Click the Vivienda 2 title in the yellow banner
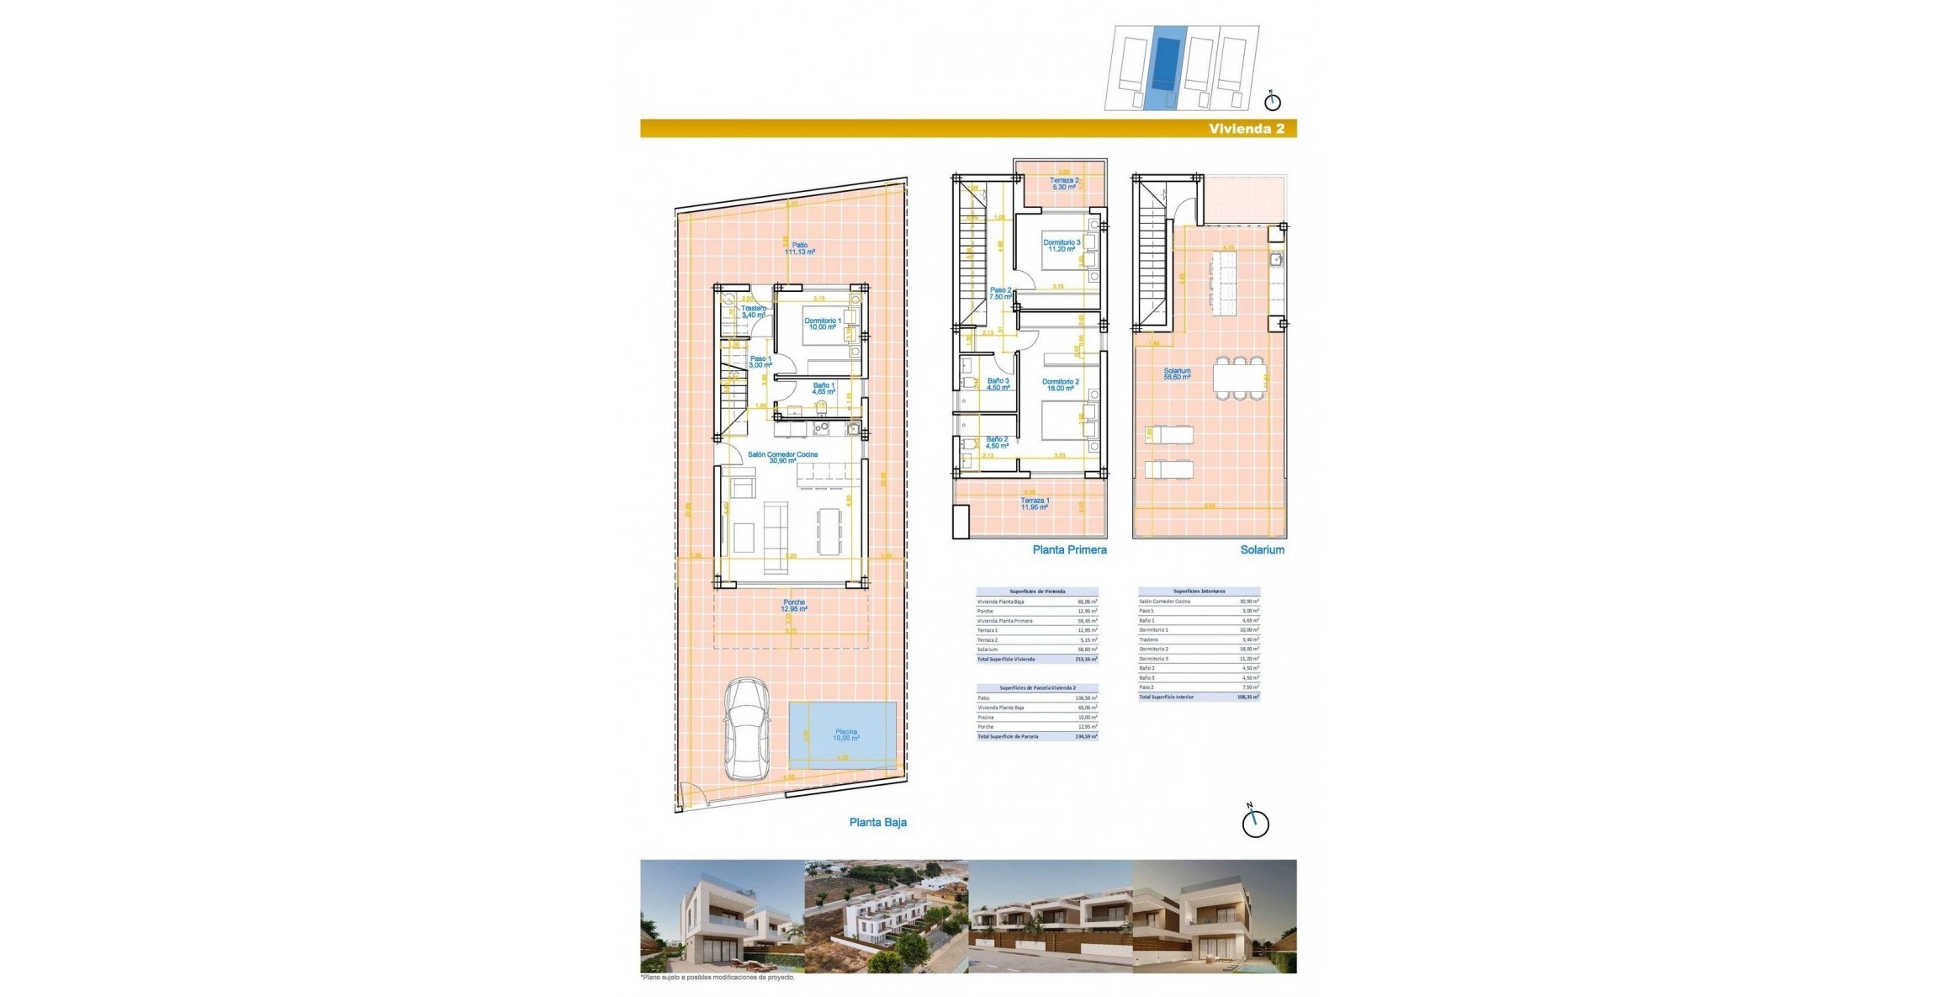1246,129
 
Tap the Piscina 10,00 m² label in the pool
845,734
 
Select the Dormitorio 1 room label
822,324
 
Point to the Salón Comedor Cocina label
782,457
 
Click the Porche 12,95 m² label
794,605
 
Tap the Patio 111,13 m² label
799,248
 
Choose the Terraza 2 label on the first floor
1063,183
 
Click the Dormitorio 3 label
1062,246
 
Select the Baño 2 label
997,443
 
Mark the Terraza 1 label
1035,504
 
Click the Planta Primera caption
1069,549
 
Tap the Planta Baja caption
877,822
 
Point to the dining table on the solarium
1238,378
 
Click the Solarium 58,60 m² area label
1177,374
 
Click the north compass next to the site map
1273,102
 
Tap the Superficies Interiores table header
1199,591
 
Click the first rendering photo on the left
722,916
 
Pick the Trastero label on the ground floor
753,311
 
